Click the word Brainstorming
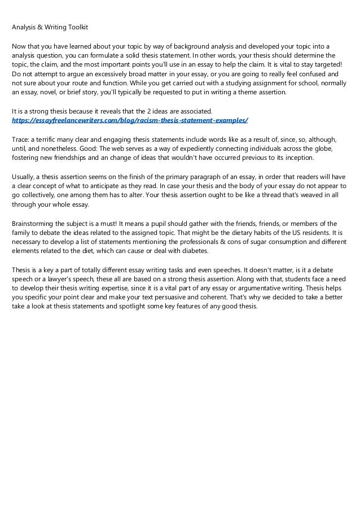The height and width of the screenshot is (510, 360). click(36, 224)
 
